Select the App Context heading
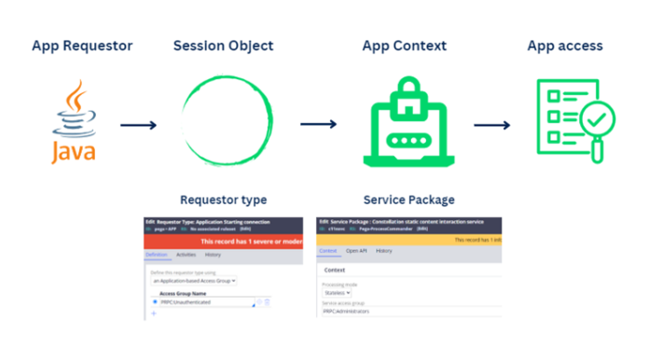click(405, 46)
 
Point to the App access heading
click(565, 46)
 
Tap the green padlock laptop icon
click(404, 121)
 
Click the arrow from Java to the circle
click(138, 124)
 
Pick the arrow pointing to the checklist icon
click(491, 124)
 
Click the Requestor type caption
click(223, 200)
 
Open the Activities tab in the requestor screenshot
click(186, 255)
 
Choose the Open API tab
click(356, 251)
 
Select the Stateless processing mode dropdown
click(338, 292)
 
